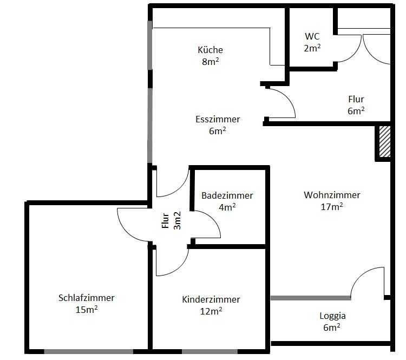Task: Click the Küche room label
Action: coord(210,50)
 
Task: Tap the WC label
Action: coord(312,36)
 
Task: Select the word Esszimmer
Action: coord(218,119)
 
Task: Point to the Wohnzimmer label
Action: coord(332,195)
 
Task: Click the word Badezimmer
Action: coord(227,195)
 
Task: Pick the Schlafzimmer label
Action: coord(86,298)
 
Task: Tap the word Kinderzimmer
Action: coord(211,299)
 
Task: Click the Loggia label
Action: coord(332,316)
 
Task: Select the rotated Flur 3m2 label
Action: coord(171,221)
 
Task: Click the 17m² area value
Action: coord(332,206)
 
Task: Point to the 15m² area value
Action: coord(87,309)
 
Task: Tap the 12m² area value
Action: coord(211,311)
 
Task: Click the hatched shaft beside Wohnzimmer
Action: coord(385,141)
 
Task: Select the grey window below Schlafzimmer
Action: coord(89,351)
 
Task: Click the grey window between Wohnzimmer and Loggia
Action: coord(311,298)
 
